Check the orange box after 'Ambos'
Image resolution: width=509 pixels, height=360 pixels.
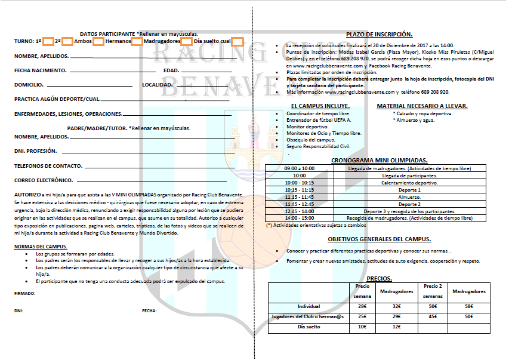click(99, 41)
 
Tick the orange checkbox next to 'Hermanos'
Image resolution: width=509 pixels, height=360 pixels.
click(137, 41)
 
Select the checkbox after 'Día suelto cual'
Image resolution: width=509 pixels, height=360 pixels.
click(237, 41)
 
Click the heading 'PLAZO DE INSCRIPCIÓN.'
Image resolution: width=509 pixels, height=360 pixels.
click(380, 35)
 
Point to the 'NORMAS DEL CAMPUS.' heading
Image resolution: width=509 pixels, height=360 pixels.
click(41, 247)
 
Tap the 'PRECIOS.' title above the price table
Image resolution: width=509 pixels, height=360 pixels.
click(379, 278)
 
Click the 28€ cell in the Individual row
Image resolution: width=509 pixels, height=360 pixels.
click(362, 306)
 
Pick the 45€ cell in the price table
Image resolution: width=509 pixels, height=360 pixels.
click(433, 316)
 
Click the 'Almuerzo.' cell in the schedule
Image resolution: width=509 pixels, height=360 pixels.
click(410, 197)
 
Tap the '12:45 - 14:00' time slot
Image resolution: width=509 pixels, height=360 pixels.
click(300, 211)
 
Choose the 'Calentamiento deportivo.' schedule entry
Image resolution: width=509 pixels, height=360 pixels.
click(410, 183)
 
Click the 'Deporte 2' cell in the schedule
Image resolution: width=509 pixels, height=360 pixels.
click(410, 204)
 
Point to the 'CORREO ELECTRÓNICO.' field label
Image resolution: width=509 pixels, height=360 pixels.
click(44, 180)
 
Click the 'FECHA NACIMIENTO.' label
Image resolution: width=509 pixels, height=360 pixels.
click(40, 70)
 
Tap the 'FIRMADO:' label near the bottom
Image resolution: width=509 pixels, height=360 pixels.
click(24, 293)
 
